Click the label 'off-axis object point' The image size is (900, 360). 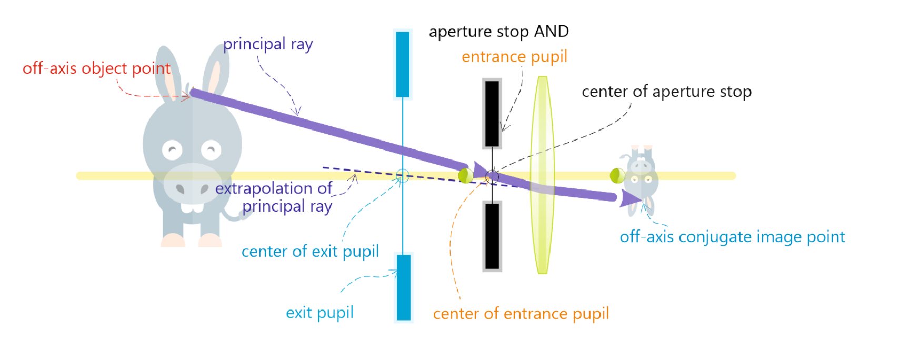[x=96, y=68]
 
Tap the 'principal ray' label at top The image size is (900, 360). [x=267, y=44]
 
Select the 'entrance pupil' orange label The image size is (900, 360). [x=514, y=56]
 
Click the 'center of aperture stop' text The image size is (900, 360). [x=666, y=92]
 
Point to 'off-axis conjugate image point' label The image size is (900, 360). [x=732, y=237]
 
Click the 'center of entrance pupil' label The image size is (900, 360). [x=521, y=314]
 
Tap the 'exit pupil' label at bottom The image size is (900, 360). [x=319, y=313]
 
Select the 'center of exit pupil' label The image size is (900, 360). [x=310, y=252]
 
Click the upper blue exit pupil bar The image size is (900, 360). [x=403, y=64]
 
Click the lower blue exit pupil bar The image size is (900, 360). [x=404, y=287]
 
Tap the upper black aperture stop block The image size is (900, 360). [x=492, y=113]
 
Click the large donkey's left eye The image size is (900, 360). [x=172, y=151]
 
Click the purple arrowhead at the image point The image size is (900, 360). [x=630, y=198]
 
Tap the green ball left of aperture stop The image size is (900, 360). [x=465, y=175]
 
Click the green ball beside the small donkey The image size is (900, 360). [x=617, y=175]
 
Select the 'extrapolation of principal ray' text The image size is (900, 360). [x=274, y=197]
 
